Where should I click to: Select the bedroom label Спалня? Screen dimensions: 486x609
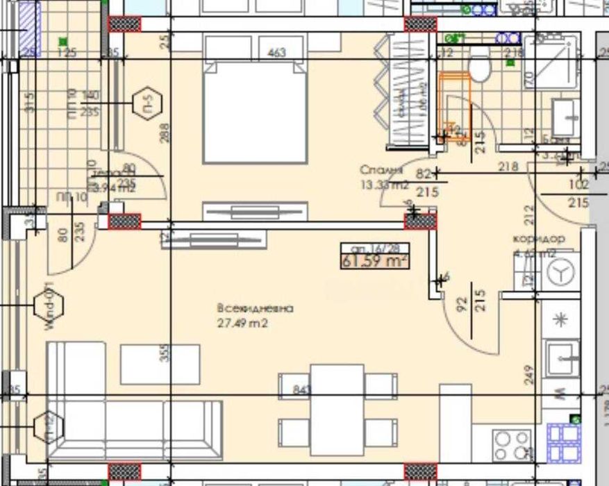coord(381,169)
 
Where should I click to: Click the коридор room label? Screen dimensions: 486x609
coord(538,238)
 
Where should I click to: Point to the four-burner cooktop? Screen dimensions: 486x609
coord(512,443)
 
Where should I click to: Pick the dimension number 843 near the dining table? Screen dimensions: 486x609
coord(301,389)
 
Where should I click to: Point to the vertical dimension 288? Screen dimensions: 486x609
coord(164,132)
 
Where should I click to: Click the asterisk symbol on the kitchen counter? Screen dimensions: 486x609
coord(561,319)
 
